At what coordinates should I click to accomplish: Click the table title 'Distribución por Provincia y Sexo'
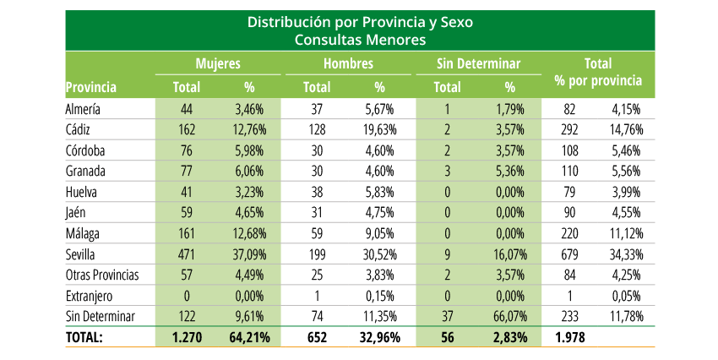pyautogui.click(x=359, y=22)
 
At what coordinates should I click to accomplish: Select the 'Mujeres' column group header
pyautogui.click(x=218, y=63)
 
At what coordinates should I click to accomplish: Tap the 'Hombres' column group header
pyautogui.click(x=349, y=63)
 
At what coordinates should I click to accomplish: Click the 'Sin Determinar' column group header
pyautogui.click(x=479, y=63)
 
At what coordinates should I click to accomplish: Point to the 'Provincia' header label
pyautogui.click(x=90, y=86)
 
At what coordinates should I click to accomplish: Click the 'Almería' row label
pyautogui.click(x=83, y=109)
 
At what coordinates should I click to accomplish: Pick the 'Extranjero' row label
pyautogui.click(x=90, y=297)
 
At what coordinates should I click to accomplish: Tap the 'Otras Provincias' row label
pyautogui.click(x=102, y=275)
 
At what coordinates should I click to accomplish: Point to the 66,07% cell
pyautogui.click(x=509, y=317)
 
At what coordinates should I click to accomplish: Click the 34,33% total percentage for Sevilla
pyautogui.click(x=626, y=255)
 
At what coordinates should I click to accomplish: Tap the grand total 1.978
pyautogui.click(x=571, y=337)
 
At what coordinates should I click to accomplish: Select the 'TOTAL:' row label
pyautogui.click(x=84, y=337)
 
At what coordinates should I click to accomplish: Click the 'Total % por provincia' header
pyautogui.click(x=598, y=73)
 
